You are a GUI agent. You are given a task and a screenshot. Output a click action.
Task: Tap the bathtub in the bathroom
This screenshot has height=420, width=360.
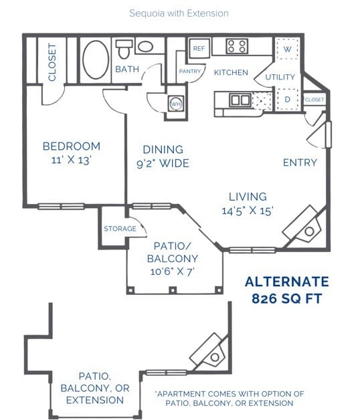tap(96, 60)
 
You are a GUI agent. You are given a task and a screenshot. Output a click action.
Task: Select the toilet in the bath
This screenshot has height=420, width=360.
tap(124, 49)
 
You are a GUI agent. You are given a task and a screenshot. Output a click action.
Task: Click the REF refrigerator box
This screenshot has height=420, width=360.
tap(199, 49)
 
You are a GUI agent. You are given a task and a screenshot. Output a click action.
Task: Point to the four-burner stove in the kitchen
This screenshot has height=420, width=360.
tap(237, 46)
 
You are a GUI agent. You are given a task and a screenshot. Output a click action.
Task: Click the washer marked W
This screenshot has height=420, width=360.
tap(287, 49)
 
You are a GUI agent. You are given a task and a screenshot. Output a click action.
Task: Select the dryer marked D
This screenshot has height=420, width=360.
tap(287, 99)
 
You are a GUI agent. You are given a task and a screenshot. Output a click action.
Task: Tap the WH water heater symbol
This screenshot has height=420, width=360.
tap(176, 104)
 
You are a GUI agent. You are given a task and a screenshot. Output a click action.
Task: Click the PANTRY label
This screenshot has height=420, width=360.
tap(190, 72)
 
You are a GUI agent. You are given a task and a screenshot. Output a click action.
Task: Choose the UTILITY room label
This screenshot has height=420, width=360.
tap(280, 78)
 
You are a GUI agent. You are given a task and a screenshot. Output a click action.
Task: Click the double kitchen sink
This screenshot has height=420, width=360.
tap(238, 100)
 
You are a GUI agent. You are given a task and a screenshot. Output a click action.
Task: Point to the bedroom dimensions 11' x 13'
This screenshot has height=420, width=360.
tap(71, 161)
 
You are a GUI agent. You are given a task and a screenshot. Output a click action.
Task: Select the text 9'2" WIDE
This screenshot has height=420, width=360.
tap(163, 164)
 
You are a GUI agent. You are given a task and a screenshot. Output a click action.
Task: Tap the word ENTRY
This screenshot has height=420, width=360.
tap(299, 163)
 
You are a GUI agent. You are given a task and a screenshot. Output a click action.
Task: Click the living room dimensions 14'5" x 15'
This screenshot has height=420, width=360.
tap(248, 211)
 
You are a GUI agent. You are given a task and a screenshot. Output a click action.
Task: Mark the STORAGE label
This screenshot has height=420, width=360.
tap(120, 229)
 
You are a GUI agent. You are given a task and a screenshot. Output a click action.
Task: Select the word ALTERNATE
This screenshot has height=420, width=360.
tap(286, 282)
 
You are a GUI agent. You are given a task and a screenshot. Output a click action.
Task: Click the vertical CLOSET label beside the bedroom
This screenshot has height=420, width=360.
tap(52, 63)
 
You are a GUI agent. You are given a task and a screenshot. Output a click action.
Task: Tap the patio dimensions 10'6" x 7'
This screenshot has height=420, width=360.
tap(175, 272)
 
